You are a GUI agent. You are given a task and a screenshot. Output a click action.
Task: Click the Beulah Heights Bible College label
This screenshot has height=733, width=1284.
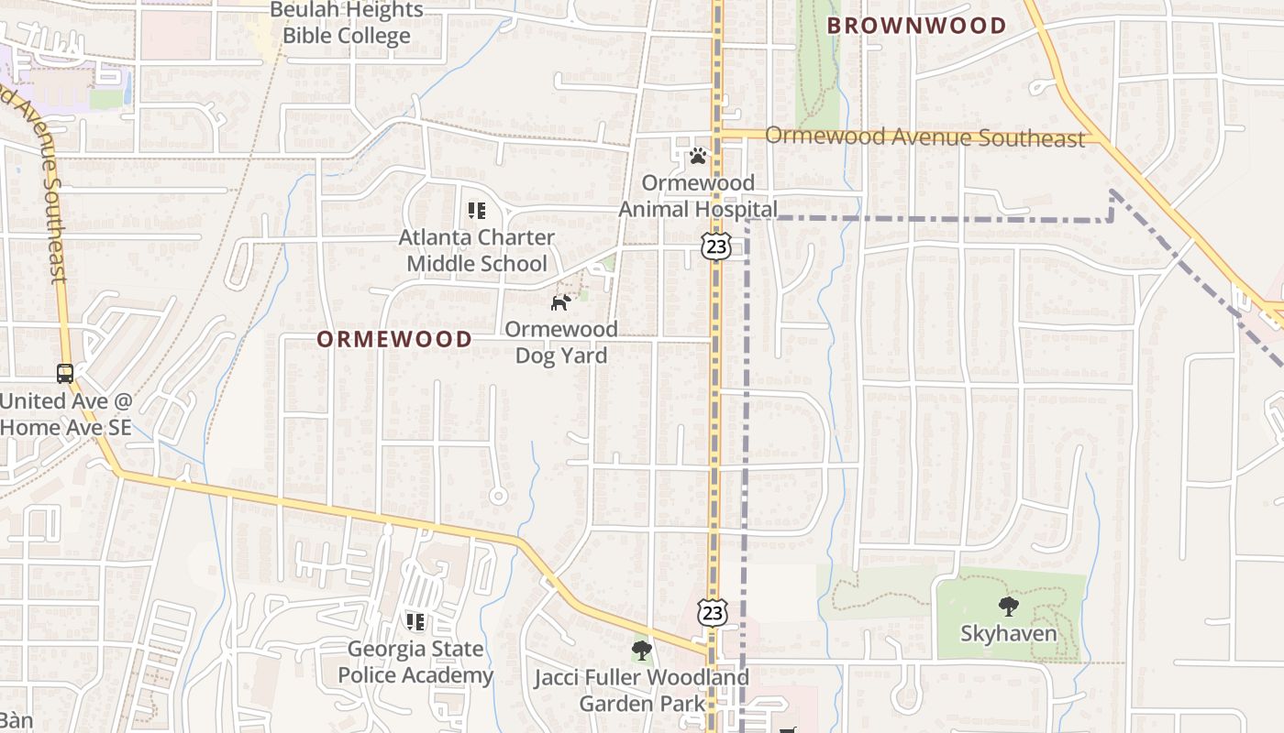point(346,24)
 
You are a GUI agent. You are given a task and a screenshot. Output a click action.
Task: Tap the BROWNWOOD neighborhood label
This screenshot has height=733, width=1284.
point(917,26)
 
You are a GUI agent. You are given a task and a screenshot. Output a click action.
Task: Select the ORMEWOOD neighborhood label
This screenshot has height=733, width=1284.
point(394,339)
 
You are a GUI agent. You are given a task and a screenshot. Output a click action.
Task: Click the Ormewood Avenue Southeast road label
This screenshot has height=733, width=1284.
point(924,137)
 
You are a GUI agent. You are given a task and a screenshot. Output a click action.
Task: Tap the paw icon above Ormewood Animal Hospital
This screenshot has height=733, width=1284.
point(698,156)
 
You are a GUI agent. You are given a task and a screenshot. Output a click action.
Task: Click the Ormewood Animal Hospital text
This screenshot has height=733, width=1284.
point(698,196)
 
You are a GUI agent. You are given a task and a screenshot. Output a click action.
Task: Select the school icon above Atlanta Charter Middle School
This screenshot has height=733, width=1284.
point(476,211)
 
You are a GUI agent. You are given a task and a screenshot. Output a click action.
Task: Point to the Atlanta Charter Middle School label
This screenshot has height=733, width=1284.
point(476,250)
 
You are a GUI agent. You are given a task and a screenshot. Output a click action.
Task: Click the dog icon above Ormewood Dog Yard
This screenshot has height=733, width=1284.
point(561,302)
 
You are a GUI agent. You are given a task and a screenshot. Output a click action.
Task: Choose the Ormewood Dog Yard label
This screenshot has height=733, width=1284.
point(561,342)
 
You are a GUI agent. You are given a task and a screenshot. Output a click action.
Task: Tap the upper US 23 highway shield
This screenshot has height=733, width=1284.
point(717,245)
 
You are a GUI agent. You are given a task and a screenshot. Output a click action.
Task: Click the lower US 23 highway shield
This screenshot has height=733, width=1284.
point(713,612)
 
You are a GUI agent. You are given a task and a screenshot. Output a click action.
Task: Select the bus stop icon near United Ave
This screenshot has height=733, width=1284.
point(65,373)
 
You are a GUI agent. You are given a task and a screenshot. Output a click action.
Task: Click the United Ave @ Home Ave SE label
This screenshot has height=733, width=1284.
point(66,414)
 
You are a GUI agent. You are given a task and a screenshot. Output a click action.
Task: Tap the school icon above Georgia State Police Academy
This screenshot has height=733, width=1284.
point(415,622)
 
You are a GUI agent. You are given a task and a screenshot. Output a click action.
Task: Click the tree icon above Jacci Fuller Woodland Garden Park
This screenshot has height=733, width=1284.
point(642,651)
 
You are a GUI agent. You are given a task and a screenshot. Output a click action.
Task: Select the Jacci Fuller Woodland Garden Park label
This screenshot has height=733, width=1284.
point(642,691)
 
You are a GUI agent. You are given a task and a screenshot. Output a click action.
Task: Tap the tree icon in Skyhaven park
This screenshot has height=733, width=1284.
point(1009,606)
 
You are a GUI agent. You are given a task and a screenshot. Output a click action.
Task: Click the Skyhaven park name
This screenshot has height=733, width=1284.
point(1009,633)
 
